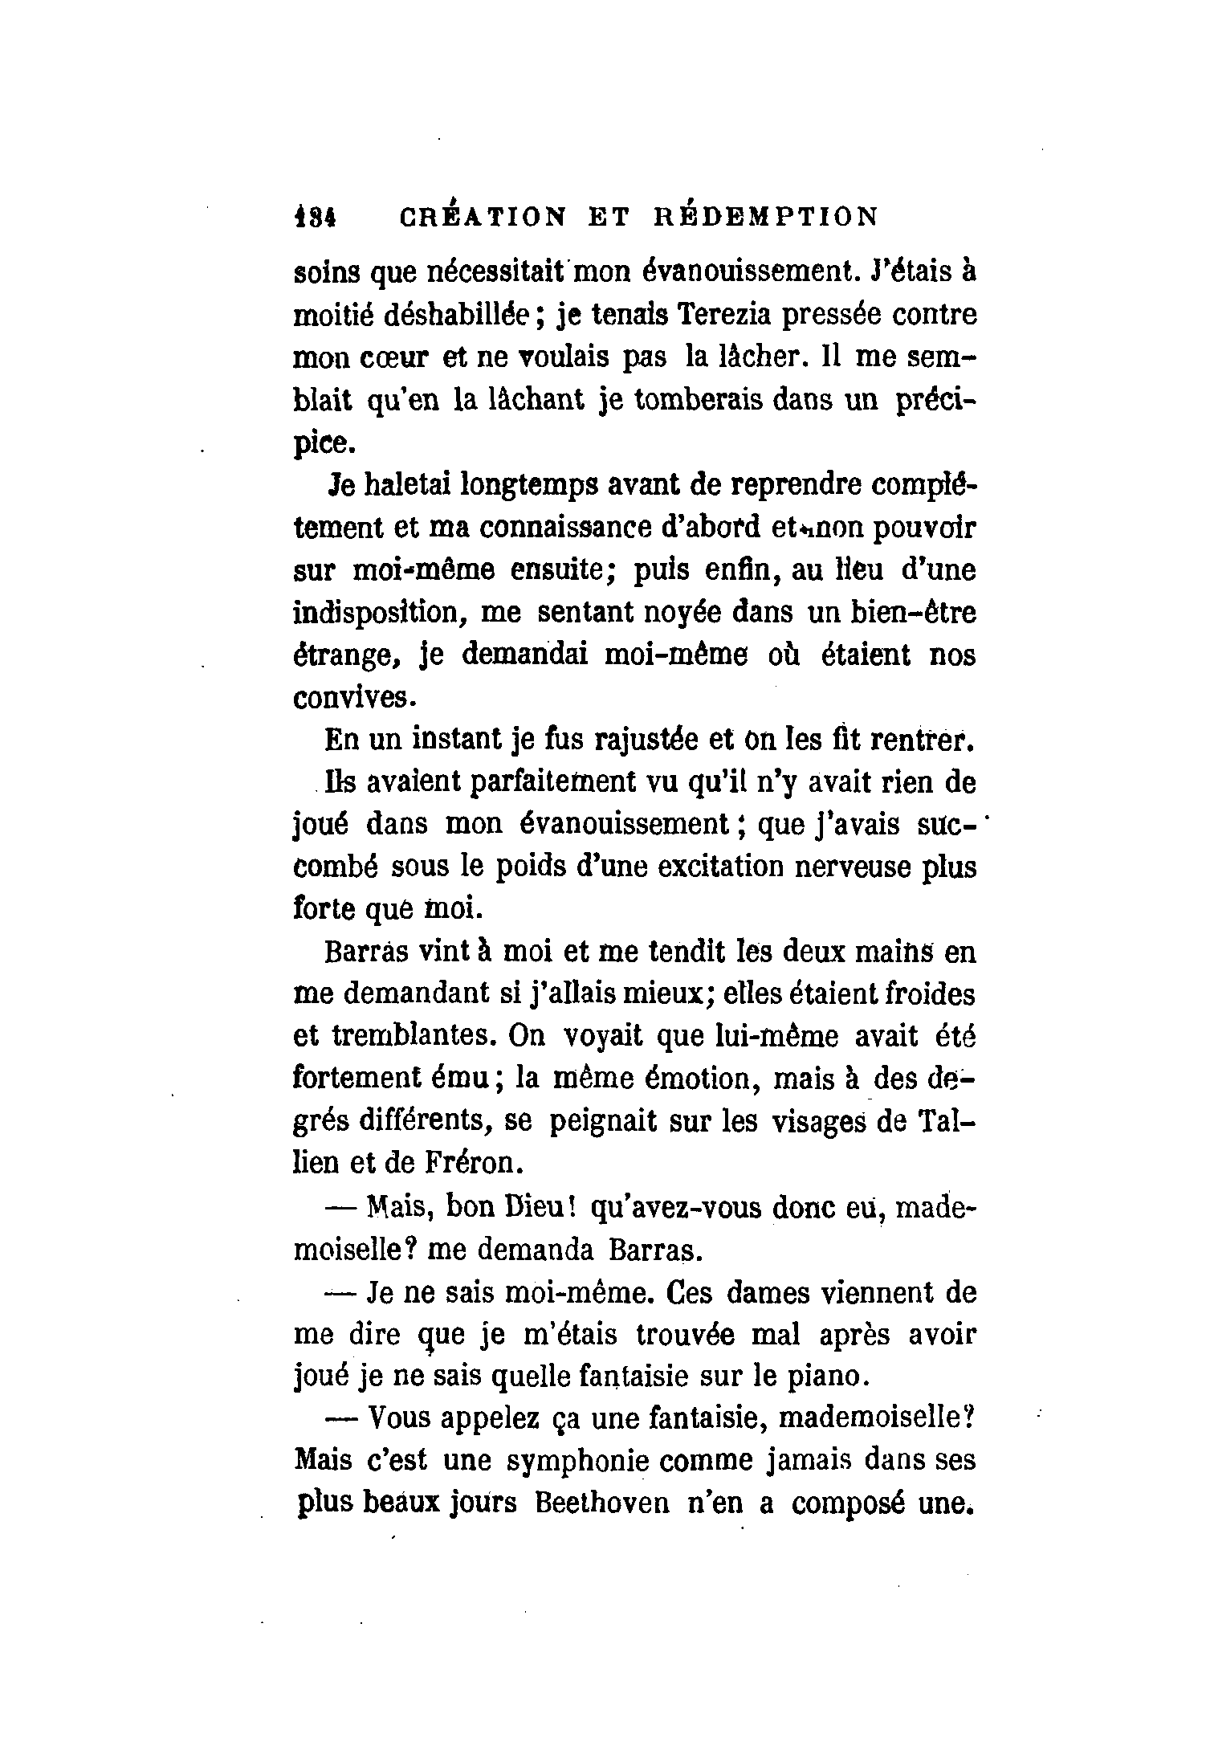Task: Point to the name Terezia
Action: pos(725,314)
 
